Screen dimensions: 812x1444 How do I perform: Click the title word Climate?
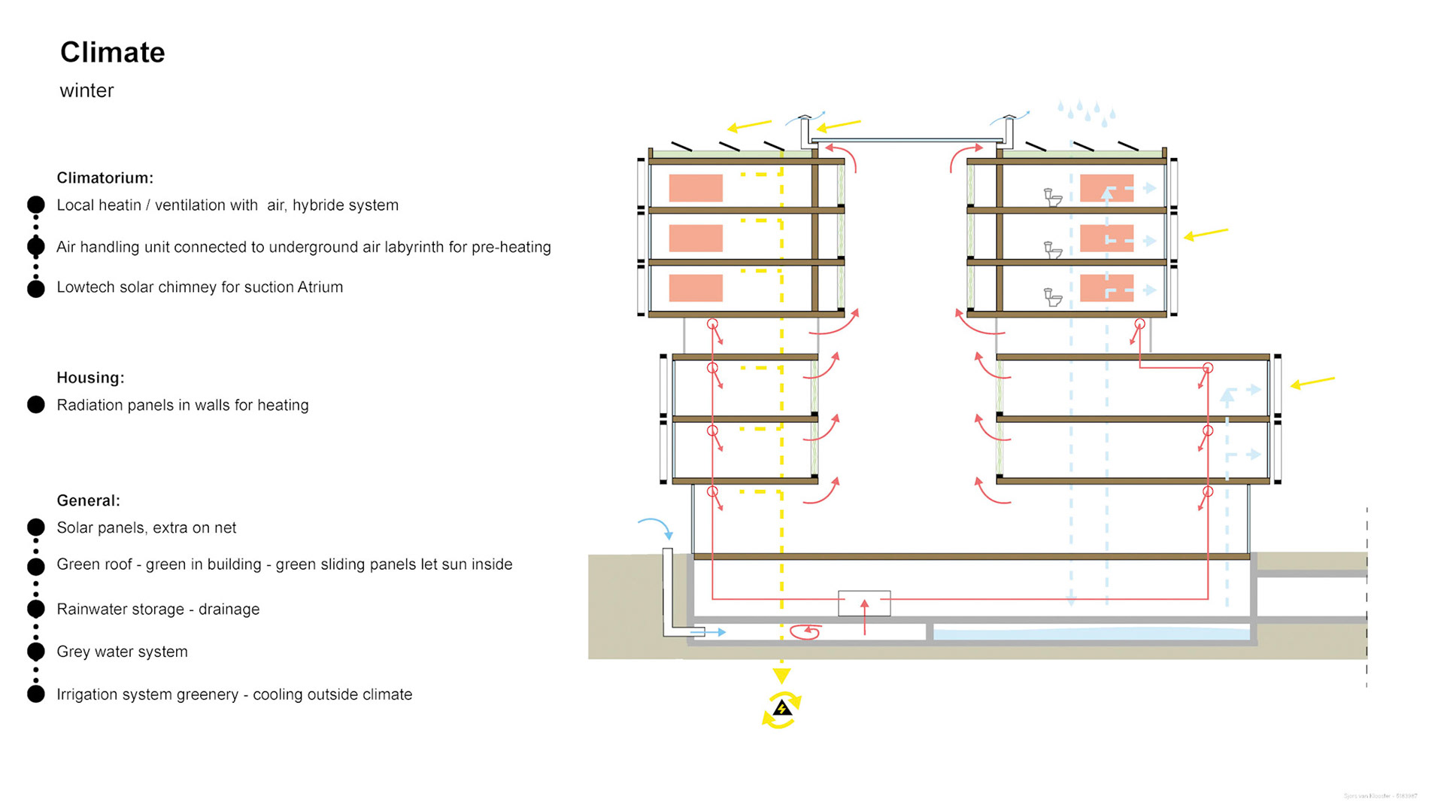113,53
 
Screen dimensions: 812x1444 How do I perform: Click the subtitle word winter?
86,91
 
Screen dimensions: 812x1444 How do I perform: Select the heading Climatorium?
105,178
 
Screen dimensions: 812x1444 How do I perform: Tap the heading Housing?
90,378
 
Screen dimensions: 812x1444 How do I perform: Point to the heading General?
88,500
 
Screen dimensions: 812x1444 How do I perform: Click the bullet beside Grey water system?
35,652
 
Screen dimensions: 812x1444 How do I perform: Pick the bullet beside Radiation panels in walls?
35,405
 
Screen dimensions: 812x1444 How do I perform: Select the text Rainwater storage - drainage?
158,610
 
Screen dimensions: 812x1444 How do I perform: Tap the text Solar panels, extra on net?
146,528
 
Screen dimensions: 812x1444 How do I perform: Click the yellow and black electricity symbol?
782,709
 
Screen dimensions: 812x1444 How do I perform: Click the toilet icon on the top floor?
1053,198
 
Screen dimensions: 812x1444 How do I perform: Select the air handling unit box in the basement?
864,604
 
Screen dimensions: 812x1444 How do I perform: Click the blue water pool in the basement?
1091,634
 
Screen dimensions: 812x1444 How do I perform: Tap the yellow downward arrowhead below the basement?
781,675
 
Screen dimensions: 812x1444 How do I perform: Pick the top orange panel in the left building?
696,188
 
